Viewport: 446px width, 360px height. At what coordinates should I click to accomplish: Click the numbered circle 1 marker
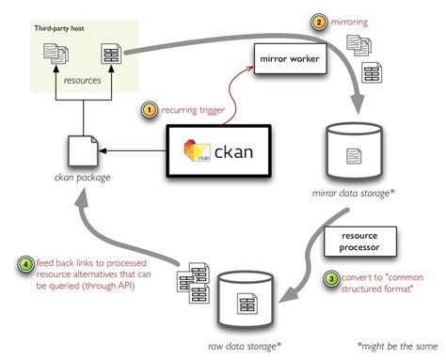point(149,110)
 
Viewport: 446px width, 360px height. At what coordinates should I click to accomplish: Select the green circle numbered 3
point(330,278)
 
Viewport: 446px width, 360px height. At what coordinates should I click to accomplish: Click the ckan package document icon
point(80,151)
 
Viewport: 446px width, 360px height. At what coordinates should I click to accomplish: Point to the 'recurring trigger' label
point(193,110)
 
